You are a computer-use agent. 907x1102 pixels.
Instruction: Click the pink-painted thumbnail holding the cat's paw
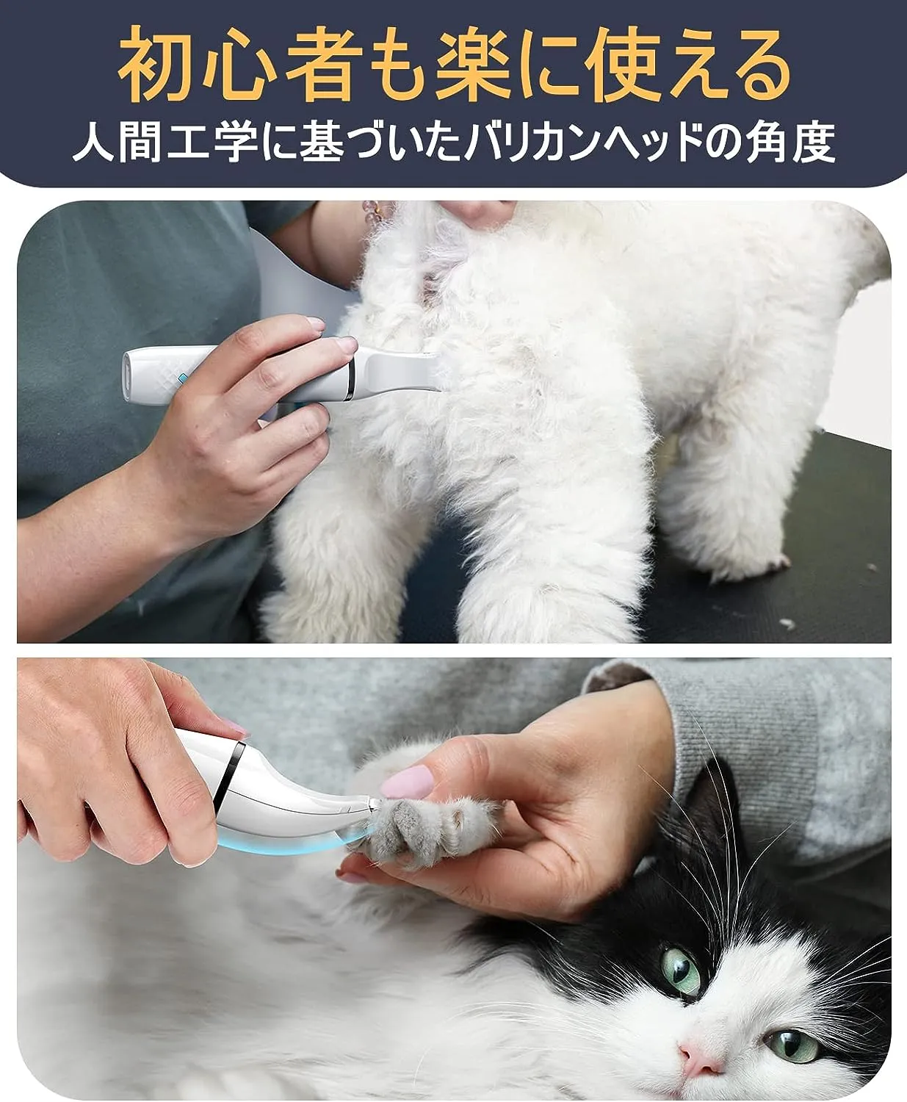407,782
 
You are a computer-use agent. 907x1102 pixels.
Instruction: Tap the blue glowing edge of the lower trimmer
292,844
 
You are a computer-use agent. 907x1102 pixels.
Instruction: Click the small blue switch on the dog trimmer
182,378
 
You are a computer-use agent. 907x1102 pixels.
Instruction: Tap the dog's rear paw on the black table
752,559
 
